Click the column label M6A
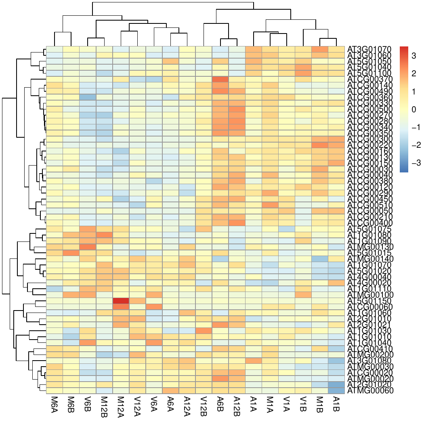(x=54, y=405)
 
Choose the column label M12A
(x=121, y=406)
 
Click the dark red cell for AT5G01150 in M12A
(x=121, y=301)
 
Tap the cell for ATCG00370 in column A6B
(x=220, y=79)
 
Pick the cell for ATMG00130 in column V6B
(x=88, y=246)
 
